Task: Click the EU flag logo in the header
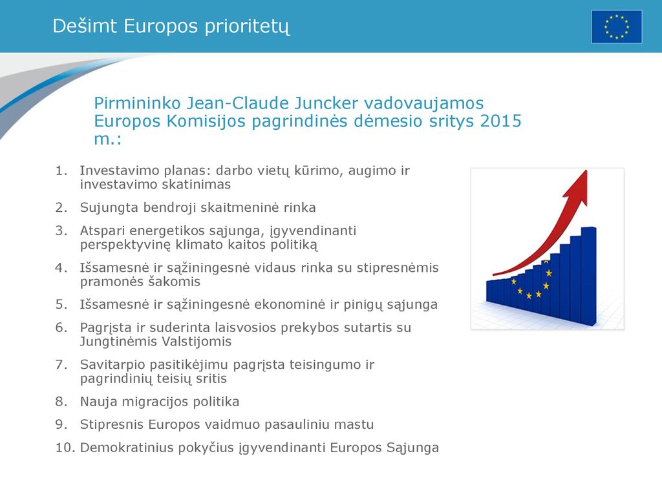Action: click(616, 27)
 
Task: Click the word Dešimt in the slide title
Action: click(85, 26)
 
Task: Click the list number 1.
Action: click(61, 170)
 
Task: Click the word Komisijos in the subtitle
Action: click(206, 121)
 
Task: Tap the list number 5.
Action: click(61, 305)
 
